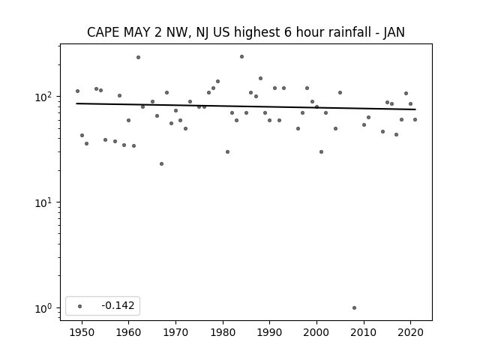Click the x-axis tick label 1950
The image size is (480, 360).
click(x=82, y=332)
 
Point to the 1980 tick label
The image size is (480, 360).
click(x=223, y=332)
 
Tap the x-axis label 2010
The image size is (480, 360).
click(x=364, y=332)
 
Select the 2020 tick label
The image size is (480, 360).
click(x=410, y=332)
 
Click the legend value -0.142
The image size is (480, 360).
click(x=118, y=305)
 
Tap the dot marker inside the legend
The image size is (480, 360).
click(x=80, y=306)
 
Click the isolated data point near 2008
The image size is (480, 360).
click(x=354, y=308)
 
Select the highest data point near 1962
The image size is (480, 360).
click(x=138, y=57)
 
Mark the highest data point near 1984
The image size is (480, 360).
click(x=241, y=57)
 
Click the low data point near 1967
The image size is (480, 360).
click(x=162, y=163)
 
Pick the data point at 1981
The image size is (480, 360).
click(x=227, y=151)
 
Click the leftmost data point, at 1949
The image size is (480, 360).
click(x=77, y=91)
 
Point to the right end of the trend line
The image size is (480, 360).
click(x=415, y=109)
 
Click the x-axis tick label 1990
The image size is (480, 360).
click(x=270, y=332)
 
